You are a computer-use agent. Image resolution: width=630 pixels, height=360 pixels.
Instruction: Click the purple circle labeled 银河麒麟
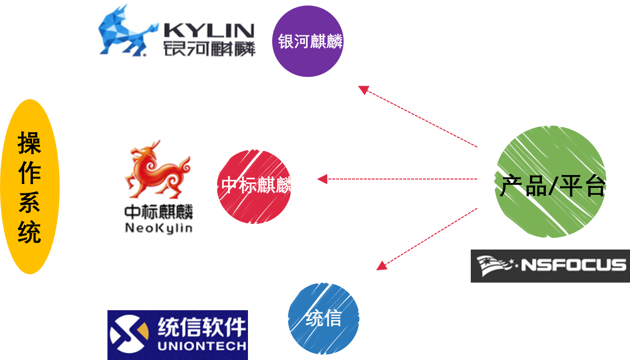click(x=308, y=41)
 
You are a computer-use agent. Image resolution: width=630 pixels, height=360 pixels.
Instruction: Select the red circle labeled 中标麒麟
click(x=254, y=185)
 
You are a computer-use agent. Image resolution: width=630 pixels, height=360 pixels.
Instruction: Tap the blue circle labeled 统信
click(x=323, y=319)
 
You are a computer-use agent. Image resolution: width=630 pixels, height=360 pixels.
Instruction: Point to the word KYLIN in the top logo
click(x=209, y=30)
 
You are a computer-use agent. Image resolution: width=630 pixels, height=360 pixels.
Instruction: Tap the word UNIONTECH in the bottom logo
click(x=202, y=346)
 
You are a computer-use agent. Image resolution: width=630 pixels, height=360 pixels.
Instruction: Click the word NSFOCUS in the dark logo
click(x=573, y=265)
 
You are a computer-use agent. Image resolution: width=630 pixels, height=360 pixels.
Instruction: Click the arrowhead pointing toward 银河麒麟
click(x=363, y=90)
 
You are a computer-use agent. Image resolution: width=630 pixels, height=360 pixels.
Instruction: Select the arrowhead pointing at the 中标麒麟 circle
click(x=322, y=179)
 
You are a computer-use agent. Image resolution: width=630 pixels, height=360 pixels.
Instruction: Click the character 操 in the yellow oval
click(x=30, y=143)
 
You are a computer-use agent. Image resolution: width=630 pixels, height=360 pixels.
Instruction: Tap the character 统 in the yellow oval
click(x=30, y=232)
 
